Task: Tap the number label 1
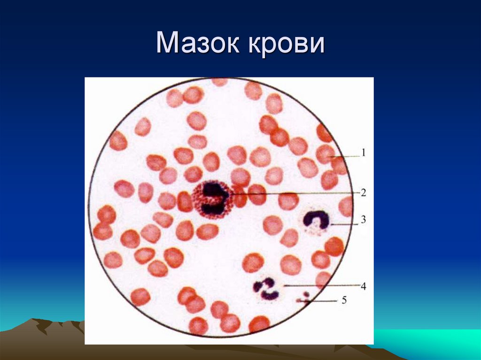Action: tap(363, 153)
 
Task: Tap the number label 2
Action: tap(363, 192)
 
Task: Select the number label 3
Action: tap(363, 219)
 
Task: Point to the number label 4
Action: tap(363, 285)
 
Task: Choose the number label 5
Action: tap(344, 300)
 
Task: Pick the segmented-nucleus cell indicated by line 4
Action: tap(266, 289)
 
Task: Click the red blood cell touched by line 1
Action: tap(325, 154)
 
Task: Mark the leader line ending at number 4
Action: tap(319, 285)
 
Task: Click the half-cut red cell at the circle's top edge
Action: tap(219, 82)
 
